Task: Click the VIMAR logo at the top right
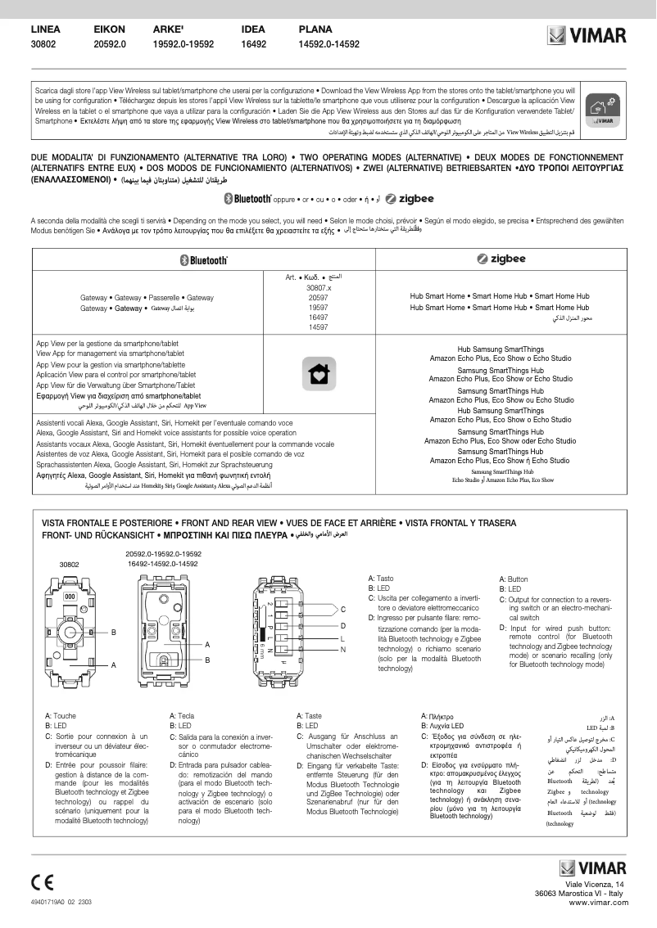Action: (x=587, y=36)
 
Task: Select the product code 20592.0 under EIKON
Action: (x=110, y=45)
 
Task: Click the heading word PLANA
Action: (x=315, y=29)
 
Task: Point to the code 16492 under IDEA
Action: (x=254, y=45)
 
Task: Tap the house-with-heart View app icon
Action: (x=318, y=372)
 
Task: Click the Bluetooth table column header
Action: (x=203, y=259)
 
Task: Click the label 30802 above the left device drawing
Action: (x=69, y=565)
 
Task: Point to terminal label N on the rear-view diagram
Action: (x=342, y=649)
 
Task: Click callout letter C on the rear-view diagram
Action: (x=342, y=609)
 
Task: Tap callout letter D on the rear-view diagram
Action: (x=342, y=624)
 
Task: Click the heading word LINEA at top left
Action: (x=45, y=29)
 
